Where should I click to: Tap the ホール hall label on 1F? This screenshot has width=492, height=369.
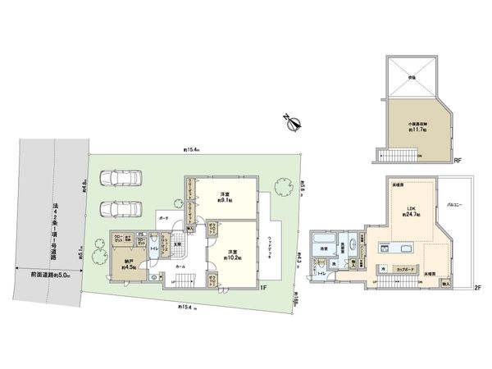click(180, 266)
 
